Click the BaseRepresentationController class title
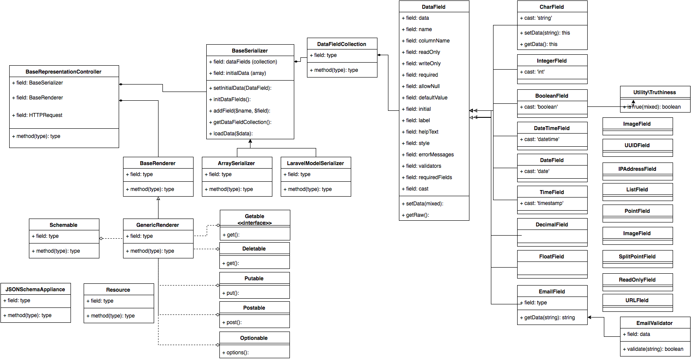pyautogui.click(x=63, y=72)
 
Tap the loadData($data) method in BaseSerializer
pyautogui.click(x=233, y=134)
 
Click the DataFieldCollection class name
pyautogui.click(x=342, y=44)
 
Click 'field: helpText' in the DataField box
pyautogui.click(x=422, y=132)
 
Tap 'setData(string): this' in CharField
pyautogui.click(x=547, y=33)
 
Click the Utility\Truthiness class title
pyautogui.click(x=654, y=92)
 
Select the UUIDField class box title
pyautogui.click(x=637, y=145)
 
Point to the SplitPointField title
pyautogui.click(x=637, y=257)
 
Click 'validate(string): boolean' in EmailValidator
pyautogui.click(x=655, y=349)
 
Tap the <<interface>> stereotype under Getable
pyautogui.click(x=254, y=223)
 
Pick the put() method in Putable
pyautogui.click(x=233, y=293)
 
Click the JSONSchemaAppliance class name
pyautogui.click(x=35, y=289)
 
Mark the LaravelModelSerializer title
pyautogui.click(x=315, y=163)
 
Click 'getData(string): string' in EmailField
pyautogui.click(x=550, y=318)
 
